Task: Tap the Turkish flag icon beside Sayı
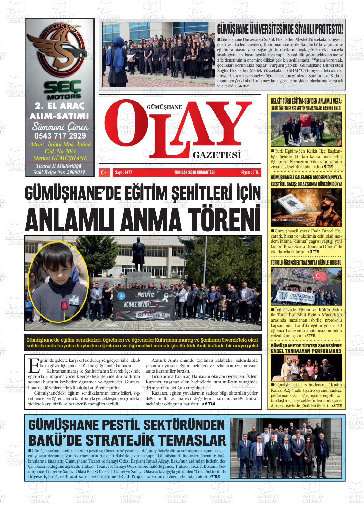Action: coord(103,172)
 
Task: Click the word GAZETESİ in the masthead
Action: coord(216,155)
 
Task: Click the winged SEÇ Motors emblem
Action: coord(60,49)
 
